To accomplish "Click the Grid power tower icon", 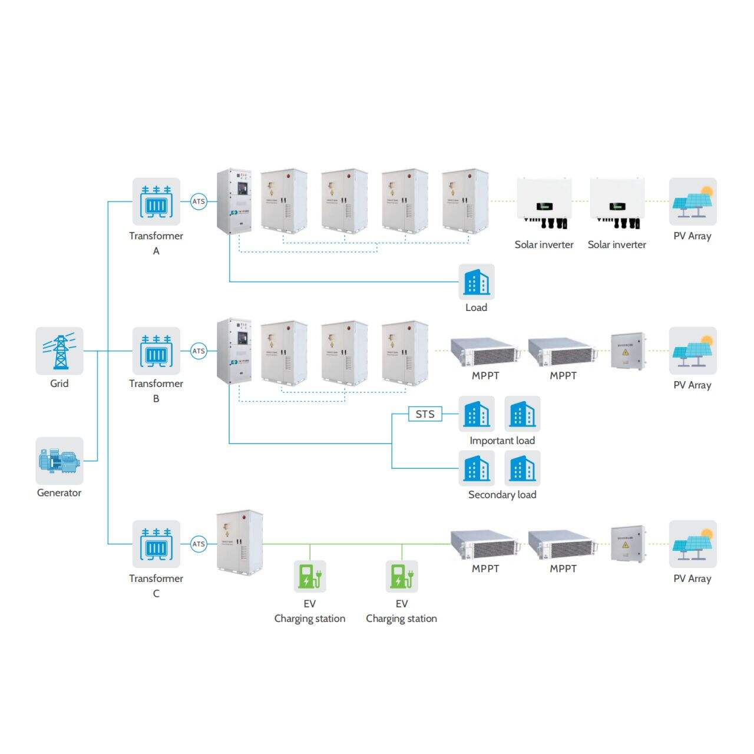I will (x=59, y=351).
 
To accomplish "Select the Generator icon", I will (x=59, y=461).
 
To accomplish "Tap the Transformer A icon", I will (x=156, y=201).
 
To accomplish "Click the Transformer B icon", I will (x=156, y=351).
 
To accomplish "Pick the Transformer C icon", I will (x=156, y=544).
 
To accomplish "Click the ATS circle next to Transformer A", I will (x=199, y=201).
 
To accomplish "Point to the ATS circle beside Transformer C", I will (x=199, y=544).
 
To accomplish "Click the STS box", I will (x=425, y=414).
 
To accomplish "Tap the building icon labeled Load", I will (x=477, y=282).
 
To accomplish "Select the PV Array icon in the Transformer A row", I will (x=693, y=201).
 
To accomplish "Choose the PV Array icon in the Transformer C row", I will (x=693, y=544).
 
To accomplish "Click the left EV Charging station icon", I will (x=310, y=576).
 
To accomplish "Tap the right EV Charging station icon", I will (x=402, y=576).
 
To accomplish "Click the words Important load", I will (x=502, y=441).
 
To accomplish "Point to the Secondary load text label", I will (x=502, y=495).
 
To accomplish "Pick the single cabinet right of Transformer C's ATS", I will (x=239, y=543).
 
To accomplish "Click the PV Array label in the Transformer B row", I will (x=692, y=385).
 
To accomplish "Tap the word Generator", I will (x=59, y=493).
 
